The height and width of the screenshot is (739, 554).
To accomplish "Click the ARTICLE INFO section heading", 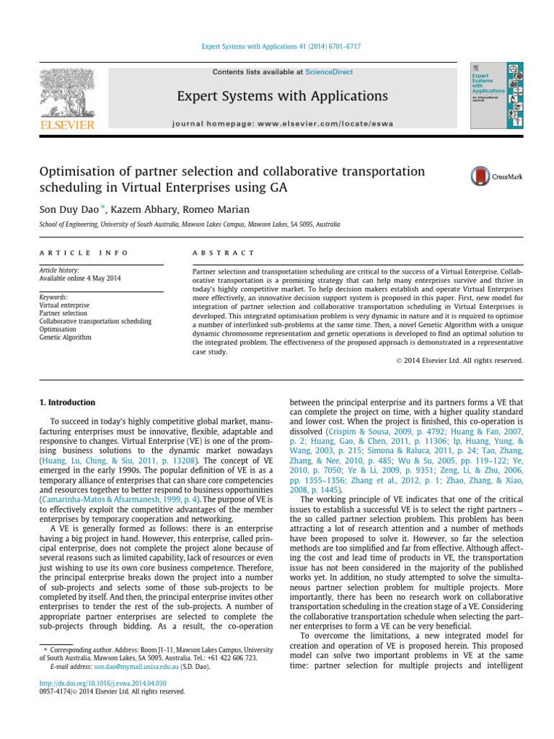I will click(x=83, y=253).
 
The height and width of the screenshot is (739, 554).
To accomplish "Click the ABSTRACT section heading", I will click(x=223, y=253).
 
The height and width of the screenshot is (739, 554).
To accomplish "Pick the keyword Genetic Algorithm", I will click(x=65, y=337).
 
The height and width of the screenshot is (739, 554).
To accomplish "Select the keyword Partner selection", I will click(x=64, y=313).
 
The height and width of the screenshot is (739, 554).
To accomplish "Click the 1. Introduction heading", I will click(x=66, y=402).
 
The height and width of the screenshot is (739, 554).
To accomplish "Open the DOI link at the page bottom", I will click(x=102, y=683).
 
